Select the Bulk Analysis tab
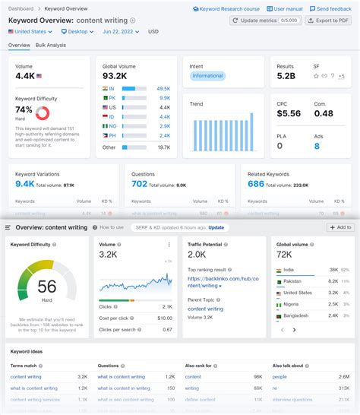click(51, 45)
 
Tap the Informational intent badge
click(207, 76)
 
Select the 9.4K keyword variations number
click(24, 183)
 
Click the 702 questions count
click(139, 183)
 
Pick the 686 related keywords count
click(256, 183)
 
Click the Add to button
click(339, 227)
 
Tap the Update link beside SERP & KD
click(216, 227)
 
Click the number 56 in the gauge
click(46, 287)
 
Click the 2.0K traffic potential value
click(197, 255)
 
